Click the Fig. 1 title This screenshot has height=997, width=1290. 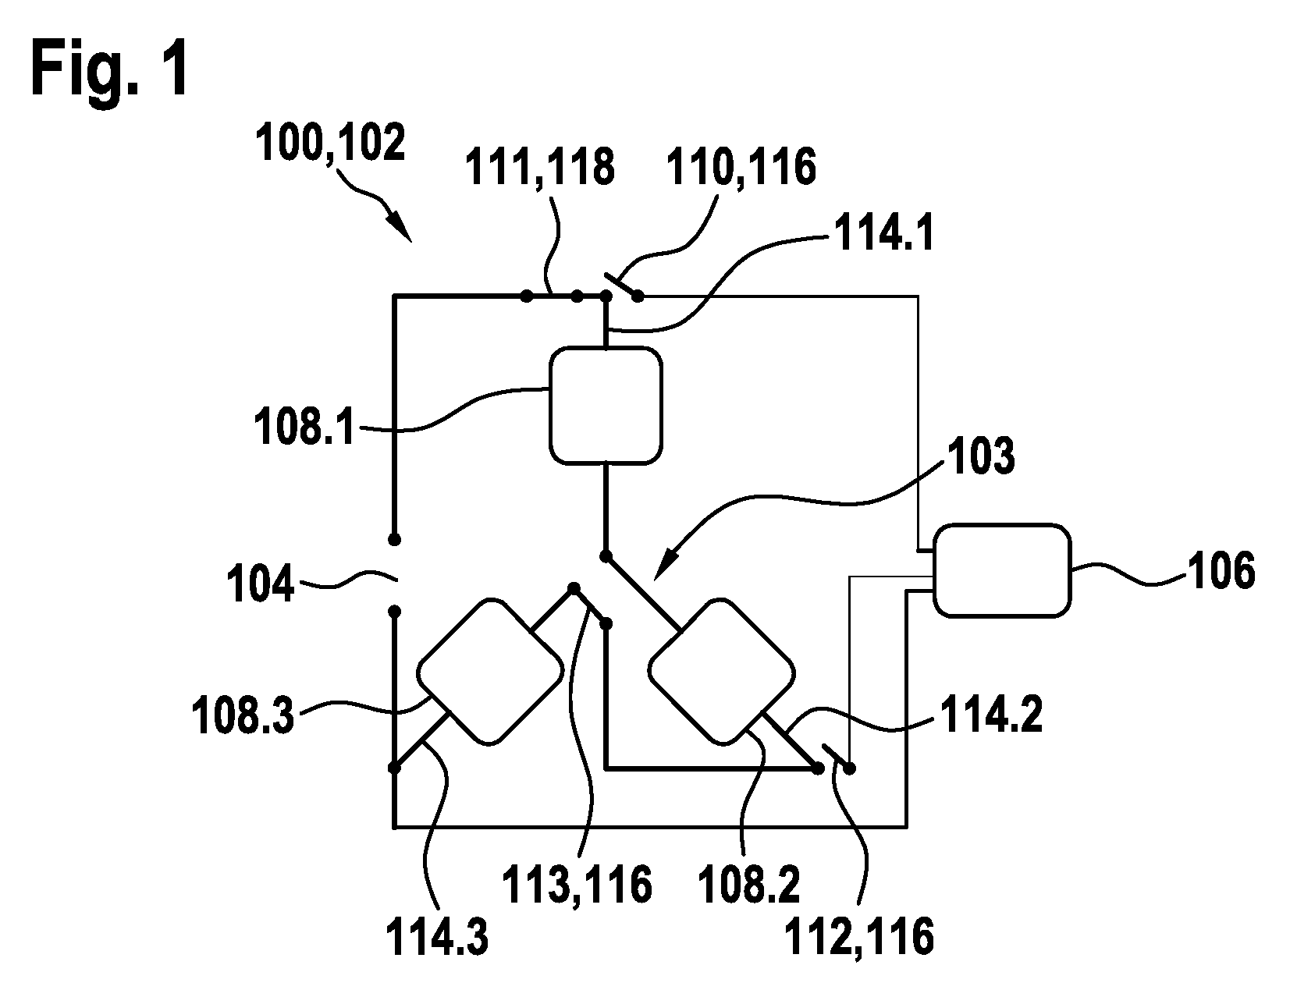110,70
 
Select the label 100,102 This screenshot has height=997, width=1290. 331,143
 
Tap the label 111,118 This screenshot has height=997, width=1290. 539,167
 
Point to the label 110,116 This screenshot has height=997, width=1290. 741,167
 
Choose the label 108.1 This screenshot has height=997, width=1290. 304,428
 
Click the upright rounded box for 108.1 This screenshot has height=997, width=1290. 606,406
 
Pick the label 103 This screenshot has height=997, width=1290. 981,455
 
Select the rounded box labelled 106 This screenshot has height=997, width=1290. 1002,570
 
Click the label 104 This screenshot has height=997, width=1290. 260,584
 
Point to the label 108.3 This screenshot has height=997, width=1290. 242,716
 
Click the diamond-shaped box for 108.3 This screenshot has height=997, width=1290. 490,671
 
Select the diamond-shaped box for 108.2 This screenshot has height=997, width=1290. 722,671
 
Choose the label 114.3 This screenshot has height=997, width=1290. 437,936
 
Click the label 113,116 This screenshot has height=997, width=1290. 577,885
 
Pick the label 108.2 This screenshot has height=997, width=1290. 748,885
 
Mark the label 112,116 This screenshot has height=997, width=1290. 859,936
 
